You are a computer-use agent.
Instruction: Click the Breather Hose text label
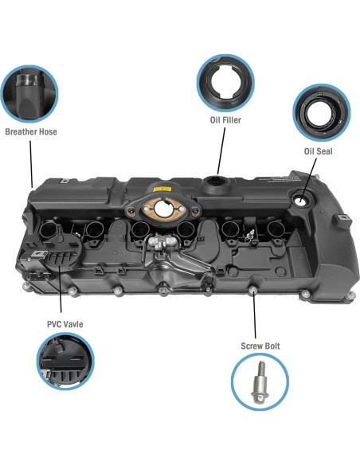click(x=31, y=131)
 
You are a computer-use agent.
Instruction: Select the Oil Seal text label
click(x=318, y=150)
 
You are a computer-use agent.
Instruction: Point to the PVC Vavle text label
click(x=63, y=324)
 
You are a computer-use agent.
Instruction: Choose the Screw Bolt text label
click(x=260, y=346)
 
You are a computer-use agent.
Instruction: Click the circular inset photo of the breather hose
click(x=29, y=93)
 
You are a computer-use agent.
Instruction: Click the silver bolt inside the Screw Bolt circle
click(x=260, y=383)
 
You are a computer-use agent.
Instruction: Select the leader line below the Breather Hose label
click(x=31, y=162)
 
